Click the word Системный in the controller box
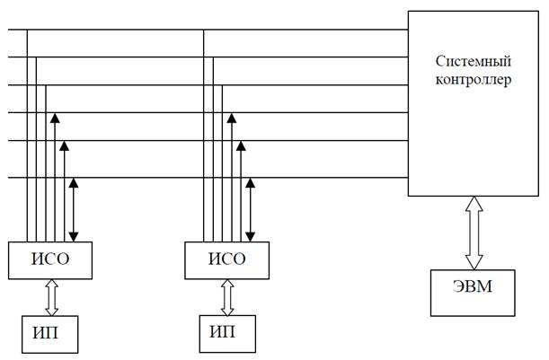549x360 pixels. tap(474, 62)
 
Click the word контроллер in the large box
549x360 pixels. tap(474, 80)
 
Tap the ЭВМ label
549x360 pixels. tap(473, 286)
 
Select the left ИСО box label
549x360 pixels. tap(50, 259)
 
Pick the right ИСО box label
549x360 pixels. tap(227, 259)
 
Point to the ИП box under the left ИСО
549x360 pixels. tap(50, 335)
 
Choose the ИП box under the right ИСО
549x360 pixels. tap(227, 334)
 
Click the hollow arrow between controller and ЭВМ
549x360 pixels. tap(474, 233)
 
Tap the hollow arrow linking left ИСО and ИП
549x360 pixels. tap(52, 297)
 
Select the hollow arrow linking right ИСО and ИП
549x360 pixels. tap(227, 297)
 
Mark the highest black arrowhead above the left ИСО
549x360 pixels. tap(55, 118)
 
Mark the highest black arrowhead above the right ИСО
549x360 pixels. tap(232, 118)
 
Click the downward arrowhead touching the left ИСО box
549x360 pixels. tap(74, 237)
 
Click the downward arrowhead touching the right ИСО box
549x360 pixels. tap(250, 237)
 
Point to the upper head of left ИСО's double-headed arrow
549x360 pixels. tap(74, 183)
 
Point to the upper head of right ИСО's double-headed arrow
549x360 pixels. tap(250, 183)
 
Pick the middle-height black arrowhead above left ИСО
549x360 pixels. tap(64, 146)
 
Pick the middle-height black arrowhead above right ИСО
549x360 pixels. tap(241, 146)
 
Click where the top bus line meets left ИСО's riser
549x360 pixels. tap(27, 30)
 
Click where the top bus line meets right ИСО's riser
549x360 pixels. tap(203, 30)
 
